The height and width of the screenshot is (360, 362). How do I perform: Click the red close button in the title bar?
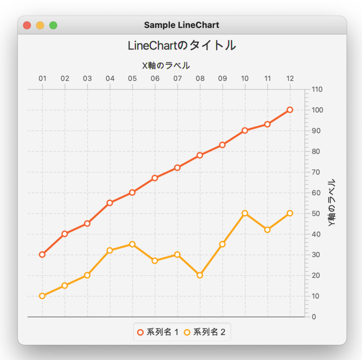pos(27,25)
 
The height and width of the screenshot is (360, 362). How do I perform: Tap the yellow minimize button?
pos(40,25)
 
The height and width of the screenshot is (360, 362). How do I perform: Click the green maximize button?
pos(53,25)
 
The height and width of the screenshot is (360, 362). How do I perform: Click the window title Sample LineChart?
pos(181,25)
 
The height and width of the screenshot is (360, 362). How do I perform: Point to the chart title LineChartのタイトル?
pos(181,46)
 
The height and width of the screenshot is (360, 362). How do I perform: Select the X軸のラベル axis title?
pos(166,66)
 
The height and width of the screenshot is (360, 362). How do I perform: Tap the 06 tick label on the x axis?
pos(155,79)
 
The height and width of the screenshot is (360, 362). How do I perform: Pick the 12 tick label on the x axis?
pos(290,79)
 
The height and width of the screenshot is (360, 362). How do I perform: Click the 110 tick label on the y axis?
pos(317,89)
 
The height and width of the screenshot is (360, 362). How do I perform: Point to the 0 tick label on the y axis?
pos(314,317)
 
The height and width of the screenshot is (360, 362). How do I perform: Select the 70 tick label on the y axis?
pos(316,172)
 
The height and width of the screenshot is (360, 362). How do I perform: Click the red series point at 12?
pos(290,110)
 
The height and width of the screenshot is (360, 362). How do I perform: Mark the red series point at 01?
pos(42,255)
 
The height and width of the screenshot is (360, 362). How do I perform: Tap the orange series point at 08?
pos(200,275)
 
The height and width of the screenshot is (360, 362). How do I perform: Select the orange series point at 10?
pos(245,213)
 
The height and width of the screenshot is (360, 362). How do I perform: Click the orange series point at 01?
pos(42,296)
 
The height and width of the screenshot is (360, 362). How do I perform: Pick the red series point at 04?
pos(110,203)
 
